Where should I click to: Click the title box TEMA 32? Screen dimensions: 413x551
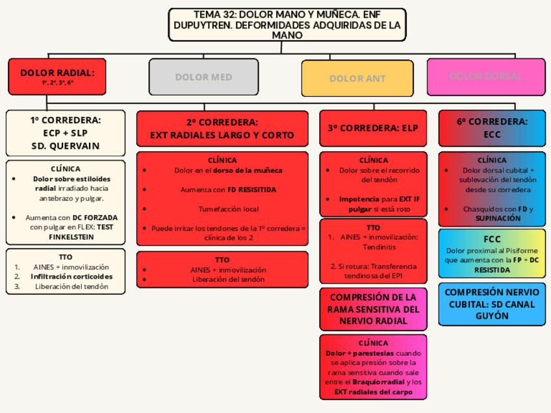pyautogui.click(x=287, y=25)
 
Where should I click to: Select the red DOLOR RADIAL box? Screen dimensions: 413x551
pyautogui.click(x=57, y=77)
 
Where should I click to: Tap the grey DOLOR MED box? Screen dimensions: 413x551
pyautogui.click(x=203, y=77)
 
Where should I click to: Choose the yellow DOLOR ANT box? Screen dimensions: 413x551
pyautogui.click(x=357, y=79)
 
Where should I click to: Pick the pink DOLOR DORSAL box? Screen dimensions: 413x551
pyautogui.click(x=486, y=77)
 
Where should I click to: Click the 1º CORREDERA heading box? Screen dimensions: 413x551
pyautogui.click(x=66, y=133)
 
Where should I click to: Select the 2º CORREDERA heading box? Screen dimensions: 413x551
pyautogui.click(x=222, y=129)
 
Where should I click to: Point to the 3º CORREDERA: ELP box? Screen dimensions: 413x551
pyautogui.click(x=373, y=128)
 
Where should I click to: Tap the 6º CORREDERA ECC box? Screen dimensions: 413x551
pyautogui.click(x=492, y=128)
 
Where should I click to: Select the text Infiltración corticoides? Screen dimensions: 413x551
pyautogui.click(x=71, y=277)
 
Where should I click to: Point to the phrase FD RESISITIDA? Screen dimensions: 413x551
pyautogui.click(x=252, y=190)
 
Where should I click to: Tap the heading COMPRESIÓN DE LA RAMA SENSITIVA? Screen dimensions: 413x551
pyautogui.click(x=373, y=309)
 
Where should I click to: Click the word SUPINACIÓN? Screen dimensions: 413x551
pyautogui.click(x=498, y=219)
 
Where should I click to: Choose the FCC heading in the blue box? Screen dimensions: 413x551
pyautogui.click(x=492, y=239)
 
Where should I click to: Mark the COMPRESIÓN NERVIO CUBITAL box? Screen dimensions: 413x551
pyautogui.click(x=492, y=304)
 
